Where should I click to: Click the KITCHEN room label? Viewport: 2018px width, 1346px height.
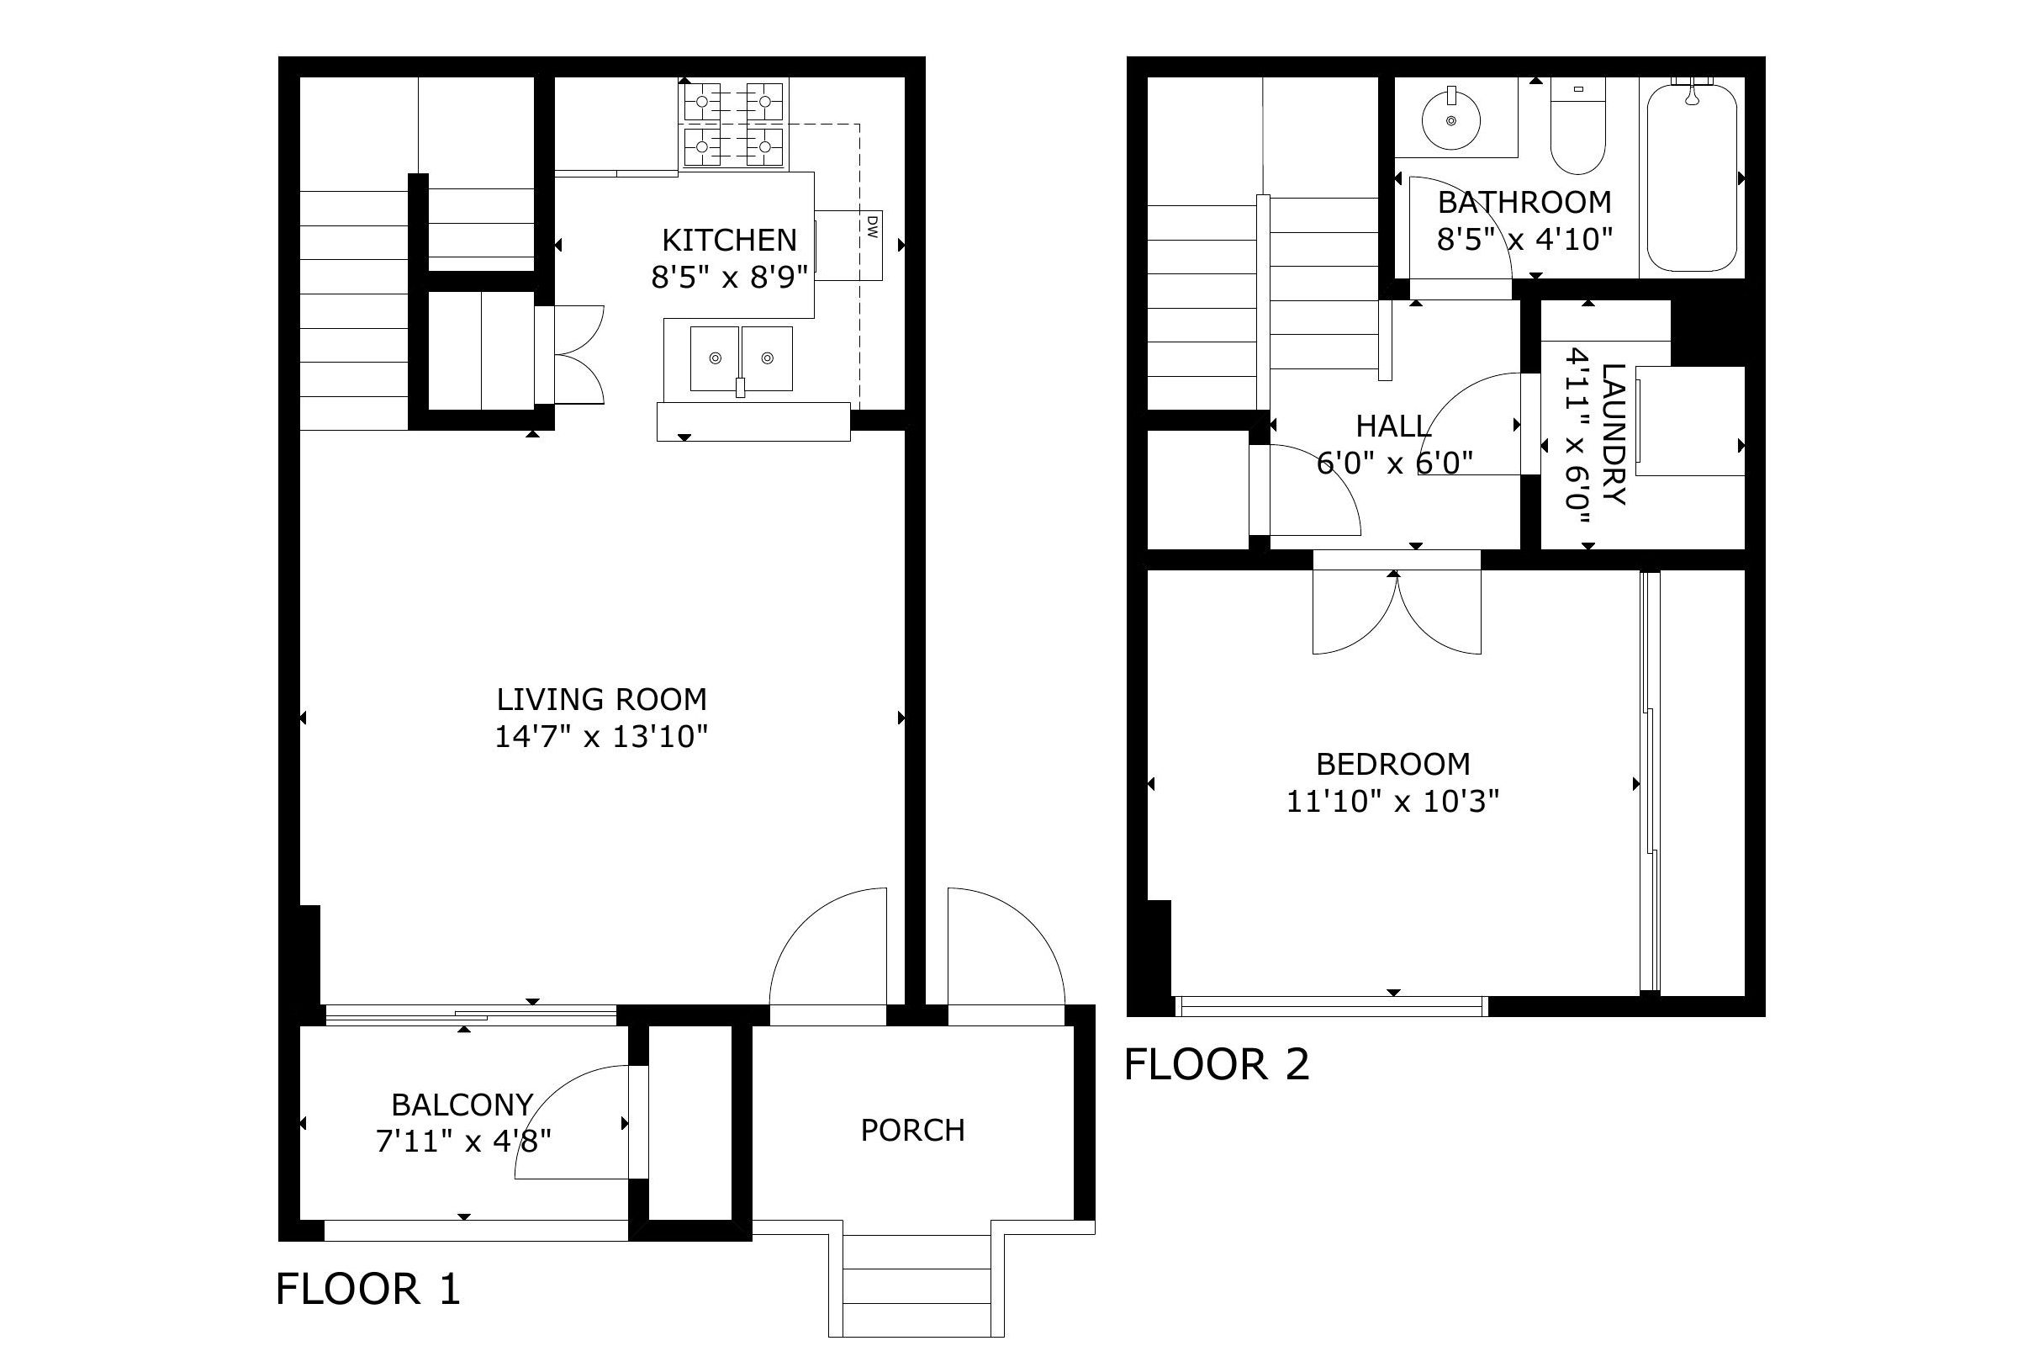(729, 240)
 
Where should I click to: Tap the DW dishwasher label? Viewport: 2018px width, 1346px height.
(872, 226)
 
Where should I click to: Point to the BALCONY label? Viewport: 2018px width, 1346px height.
(462, 1104)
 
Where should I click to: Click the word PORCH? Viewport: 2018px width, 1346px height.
(913, 1130)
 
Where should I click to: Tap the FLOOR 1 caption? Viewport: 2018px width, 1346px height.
(368, 1289)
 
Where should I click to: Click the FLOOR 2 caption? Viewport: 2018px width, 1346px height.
(1217, 1064)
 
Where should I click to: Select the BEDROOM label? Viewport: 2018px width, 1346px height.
(1393, 764)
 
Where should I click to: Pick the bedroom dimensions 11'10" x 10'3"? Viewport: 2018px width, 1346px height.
(1393, 801)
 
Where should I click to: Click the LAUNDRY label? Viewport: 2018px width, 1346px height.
(1613, 434)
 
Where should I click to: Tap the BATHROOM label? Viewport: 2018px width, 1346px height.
(1524, 203)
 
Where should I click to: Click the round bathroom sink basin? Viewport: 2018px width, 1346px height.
(1452, 120)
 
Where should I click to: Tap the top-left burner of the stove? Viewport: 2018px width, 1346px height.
(703, 101)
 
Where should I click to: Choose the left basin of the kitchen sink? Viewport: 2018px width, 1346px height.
(714, 358)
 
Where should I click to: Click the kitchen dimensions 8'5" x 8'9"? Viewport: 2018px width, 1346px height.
(729, 278)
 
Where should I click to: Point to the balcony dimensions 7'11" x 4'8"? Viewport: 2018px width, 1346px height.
(463, 1141)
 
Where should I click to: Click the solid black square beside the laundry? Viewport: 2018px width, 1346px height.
(1708, 332)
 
